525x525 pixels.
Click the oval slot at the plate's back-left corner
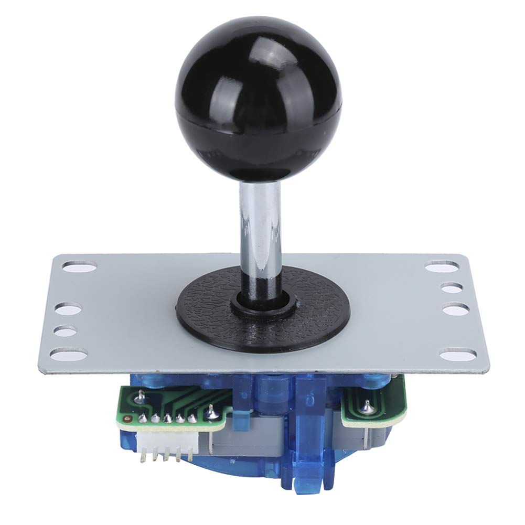(79, 267)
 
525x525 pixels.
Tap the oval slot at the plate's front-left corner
(69, 355)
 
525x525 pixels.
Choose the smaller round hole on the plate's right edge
(452, 288)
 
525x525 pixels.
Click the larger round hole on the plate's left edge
(68, 309)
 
